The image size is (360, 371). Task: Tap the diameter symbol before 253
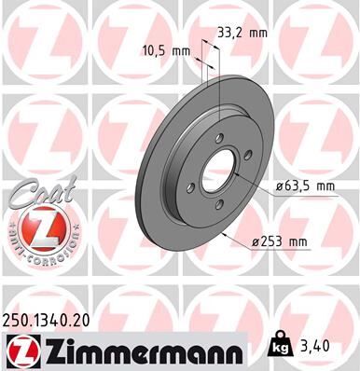[255, 243]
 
